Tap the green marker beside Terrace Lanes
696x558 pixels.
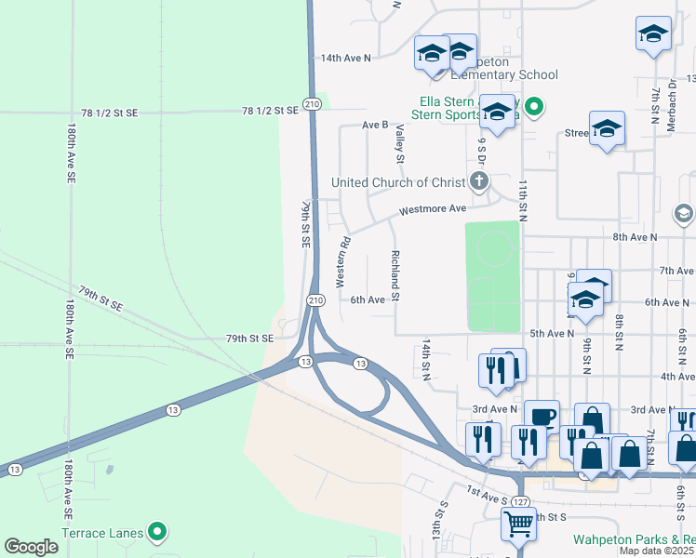(157, 533)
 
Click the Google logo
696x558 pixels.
(31, 547)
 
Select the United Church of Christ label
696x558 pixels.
(399, 182)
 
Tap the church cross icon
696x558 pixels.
(479, 180)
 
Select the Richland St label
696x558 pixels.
(395, 275)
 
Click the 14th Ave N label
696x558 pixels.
(345, 58)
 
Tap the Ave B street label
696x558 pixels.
(374, 125)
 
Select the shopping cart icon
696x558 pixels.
(518, 523)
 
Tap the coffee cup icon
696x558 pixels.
(542, 417)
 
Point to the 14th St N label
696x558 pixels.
(427, 357)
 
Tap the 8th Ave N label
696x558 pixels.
(635, 237)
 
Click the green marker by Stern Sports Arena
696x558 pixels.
(533, 108)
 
